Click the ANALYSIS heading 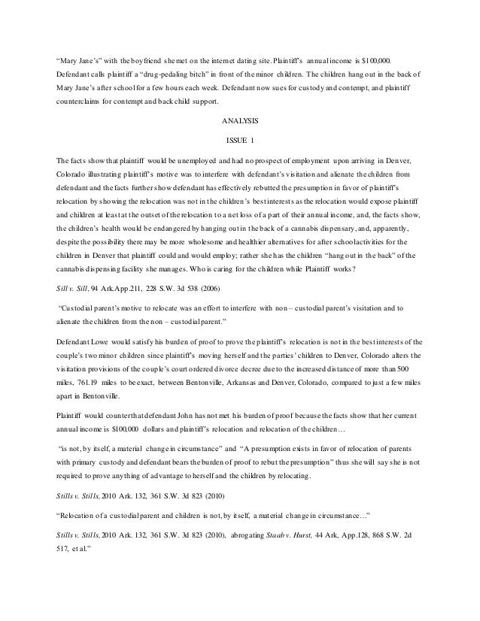239,120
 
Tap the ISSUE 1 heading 239,140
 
